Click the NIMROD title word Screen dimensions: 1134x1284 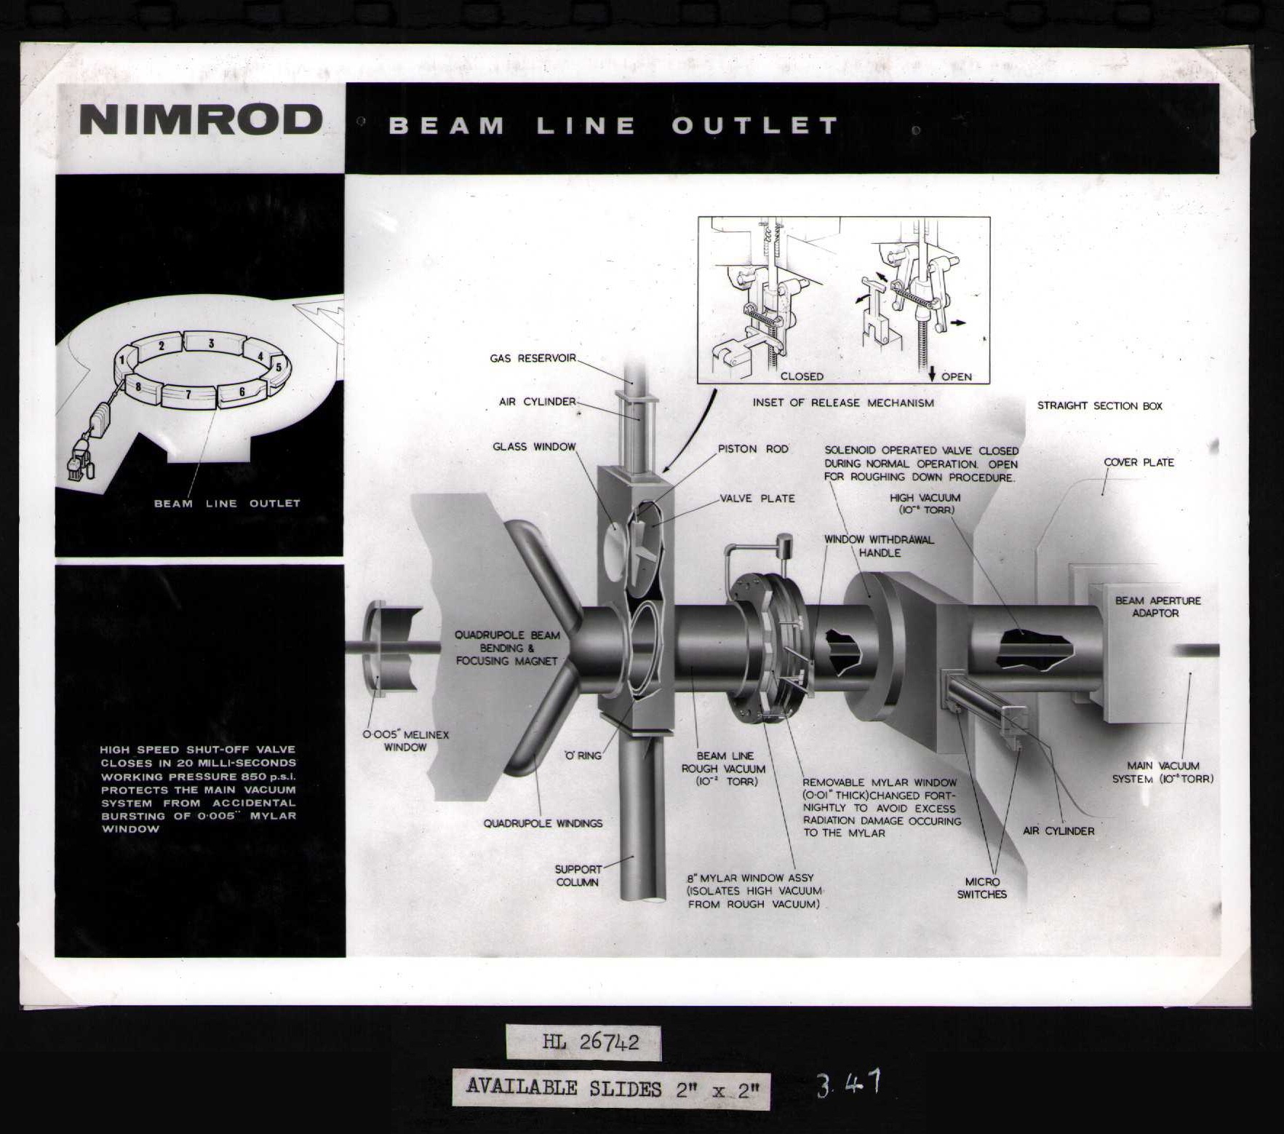coord(200,120)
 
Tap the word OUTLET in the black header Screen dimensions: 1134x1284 coord(755,126)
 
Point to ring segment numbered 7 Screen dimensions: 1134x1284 coord(188,395)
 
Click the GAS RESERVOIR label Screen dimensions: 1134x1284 coord(533,358)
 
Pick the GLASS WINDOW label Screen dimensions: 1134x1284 coord(534,447)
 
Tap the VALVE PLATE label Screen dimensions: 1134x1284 coord(757,499)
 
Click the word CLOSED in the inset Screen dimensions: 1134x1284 coord(802,376)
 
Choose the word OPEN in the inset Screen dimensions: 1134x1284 coord(956,376)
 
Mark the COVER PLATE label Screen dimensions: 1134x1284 coord(1139,462)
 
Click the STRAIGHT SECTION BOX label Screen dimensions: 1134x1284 coord(1099,406)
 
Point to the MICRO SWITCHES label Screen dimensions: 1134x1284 coord(981,888)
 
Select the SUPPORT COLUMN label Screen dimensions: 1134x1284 coord(578,876)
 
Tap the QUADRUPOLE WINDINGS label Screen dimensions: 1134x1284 coord(543,823)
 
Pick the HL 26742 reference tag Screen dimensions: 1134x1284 coord(583,1043)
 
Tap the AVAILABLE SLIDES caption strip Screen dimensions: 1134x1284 coord(610,1089)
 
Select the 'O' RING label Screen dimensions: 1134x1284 coord(583,756)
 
